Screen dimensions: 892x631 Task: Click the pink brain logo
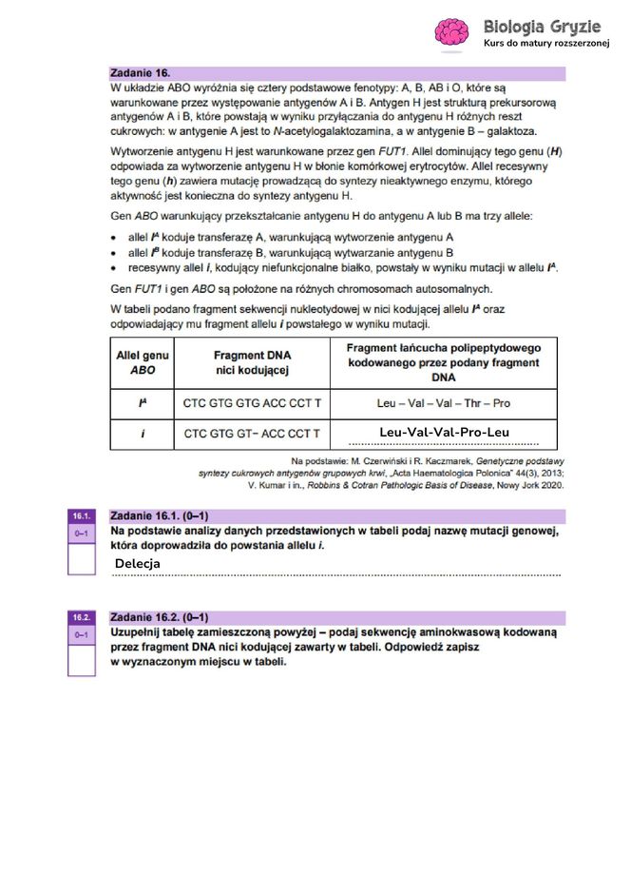pyautogui.click(x=451, y=32)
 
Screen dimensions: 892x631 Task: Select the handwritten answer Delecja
pyautogui.click(x=138, y=564)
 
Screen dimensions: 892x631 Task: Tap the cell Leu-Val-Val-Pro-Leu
pyautogui.click(x=444, y=434)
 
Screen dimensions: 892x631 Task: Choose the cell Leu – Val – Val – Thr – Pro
pyautogui.click(x=444, y=403)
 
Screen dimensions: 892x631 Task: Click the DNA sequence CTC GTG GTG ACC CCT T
pyautogui.click(x=252, y=403)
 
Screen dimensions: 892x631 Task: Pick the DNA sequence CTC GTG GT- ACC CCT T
pyautogui.click(x=252, y=434)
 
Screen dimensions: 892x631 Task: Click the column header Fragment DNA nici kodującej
pyautogui.click(x=252, y=362)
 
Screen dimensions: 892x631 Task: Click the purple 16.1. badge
pyautogui.click(x=81, y=515)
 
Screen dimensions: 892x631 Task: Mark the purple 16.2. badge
pyautogui.click(x=81, y=617)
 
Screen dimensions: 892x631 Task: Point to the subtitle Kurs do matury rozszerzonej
pyautogui.click(x=545, y=44)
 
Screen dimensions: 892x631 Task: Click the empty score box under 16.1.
pyautogui.click(x=81, y=558)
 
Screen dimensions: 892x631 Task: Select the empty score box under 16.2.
pyautogui.click(x=81, y=659)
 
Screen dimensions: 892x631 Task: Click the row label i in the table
pyautogui.click(x=142, y=434)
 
